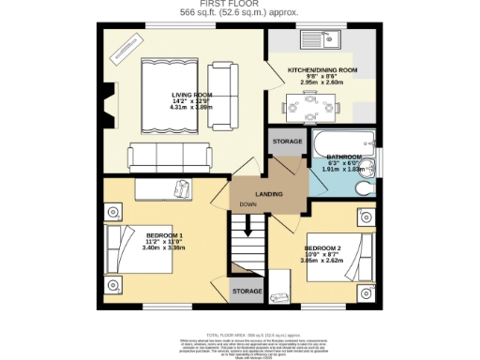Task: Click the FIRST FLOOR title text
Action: point(239,5)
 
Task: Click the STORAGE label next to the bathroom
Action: point(287,141)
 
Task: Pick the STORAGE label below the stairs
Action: point(247,292)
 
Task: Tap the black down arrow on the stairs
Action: point(248,225)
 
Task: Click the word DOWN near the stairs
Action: point(247,204)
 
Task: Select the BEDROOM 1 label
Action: point(139,234)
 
